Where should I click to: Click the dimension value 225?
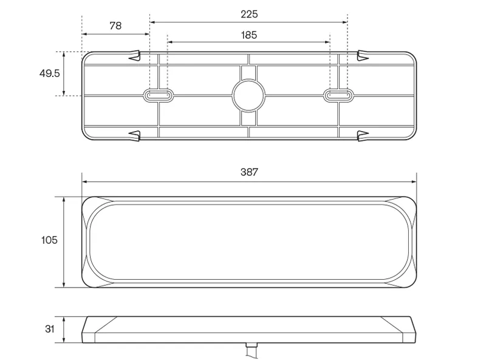(249, 14)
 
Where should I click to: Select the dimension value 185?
(249, 35)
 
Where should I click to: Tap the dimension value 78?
(115, 25)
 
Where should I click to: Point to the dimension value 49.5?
(49, 73)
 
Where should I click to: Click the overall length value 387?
(249, 172)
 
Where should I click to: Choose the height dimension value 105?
(49, 240)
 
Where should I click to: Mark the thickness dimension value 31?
(50, 329)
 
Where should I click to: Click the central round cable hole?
(249, 95)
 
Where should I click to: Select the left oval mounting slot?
(158, 95)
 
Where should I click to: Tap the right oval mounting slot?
(339, 95)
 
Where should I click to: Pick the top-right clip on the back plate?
(363, 56)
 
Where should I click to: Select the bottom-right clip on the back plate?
(363, 134)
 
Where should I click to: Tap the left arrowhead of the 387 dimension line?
(85, 181)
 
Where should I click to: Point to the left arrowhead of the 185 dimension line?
(171, 42)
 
